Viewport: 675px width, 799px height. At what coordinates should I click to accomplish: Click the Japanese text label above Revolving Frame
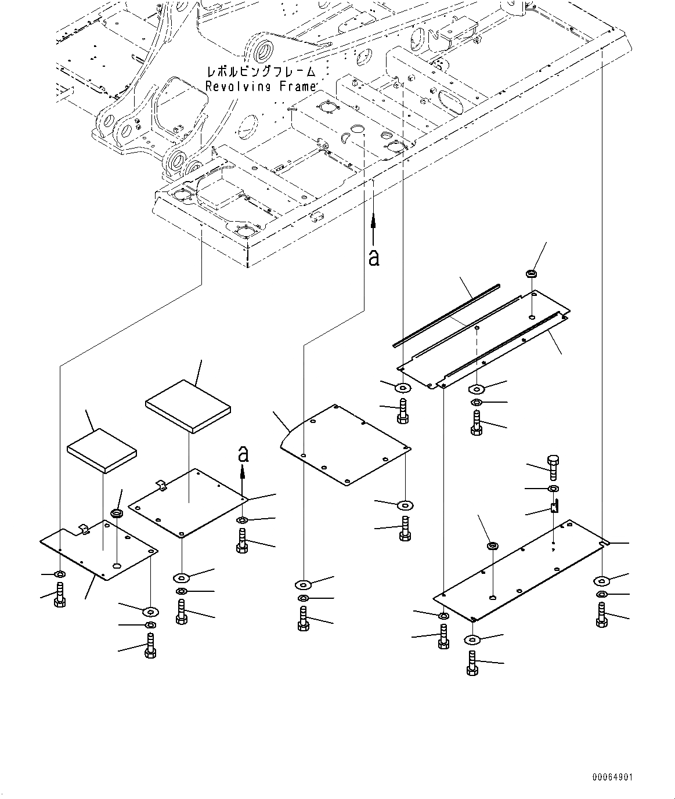point(261,72)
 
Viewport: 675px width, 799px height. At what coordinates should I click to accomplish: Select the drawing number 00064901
point(612,777)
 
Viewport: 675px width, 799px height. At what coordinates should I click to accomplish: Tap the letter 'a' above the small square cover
point(244,453)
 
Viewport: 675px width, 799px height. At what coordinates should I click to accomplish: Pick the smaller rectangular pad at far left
point(102,450)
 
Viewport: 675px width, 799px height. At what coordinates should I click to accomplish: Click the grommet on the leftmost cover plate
point(117,514)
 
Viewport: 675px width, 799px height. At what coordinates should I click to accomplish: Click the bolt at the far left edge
point(60,595)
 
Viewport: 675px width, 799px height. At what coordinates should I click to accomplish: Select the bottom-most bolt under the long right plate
point(472,663)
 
